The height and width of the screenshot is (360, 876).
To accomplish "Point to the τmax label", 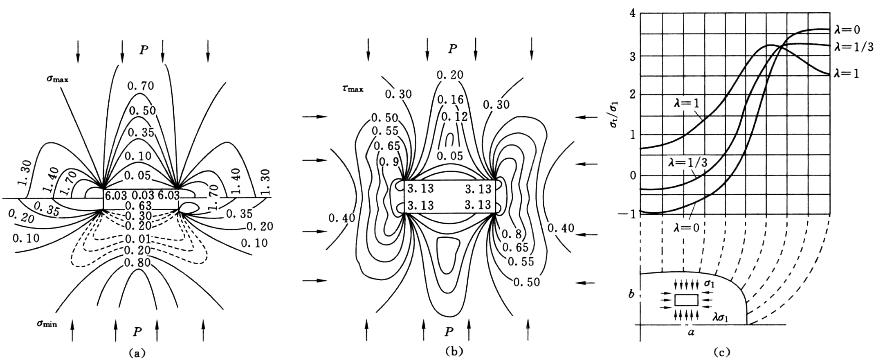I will [353, 88].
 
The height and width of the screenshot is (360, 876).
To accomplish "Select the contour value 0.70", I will [140, 86].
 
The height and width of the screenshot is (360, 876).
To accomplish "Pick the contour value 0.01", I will [138, 239].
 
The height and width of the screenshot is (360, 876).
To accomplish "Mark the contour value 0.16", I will [450, 100].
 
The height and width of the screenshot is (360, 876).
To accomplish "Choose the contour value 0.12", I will [454, 117].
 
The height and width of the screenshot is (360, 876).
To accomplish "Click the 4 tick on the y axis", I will [632, 13].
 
